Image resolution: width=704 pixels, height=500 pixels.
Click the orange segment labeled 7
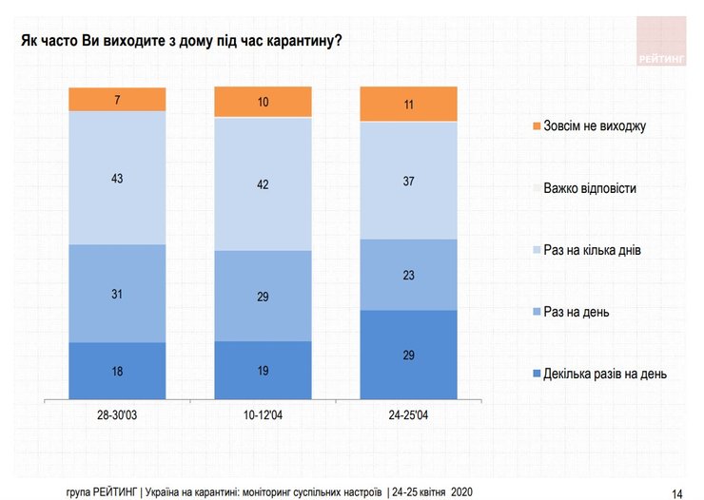pos(117,99)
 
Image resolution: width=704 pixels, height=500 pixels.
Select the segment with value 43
pos(117,178)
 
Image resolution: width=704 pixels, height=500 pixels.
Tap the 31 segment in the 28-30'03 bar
pos(117,293)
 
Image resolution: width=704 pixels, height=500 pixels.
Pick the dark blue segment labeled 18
pos(117,370)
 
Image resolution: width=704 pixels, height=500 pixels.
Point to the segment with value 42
pos(263,183)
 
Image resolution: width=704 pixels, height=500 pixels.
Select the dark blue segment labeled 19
pos(263,370)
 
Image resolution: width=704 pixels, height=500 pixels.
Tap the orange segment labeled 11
pos(408,104)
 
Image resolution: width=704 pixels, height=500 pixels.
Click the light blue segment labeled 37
pos(408,180)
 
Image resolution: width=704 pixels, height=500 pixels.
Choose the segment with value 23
pos(408,274)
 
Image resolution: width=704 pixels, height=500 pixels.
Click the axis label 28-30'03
pos(117,414)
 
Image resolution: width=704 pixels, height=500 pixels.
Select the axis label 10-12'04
pos(263,414)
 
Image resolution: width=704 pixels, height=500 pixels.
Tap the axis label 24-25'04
pos(408,414)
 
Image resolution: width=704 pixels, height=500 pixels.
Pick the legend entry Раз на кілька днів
pos(598,250)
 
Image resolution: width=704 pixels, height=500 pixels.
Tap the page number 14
pos(677,492)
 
